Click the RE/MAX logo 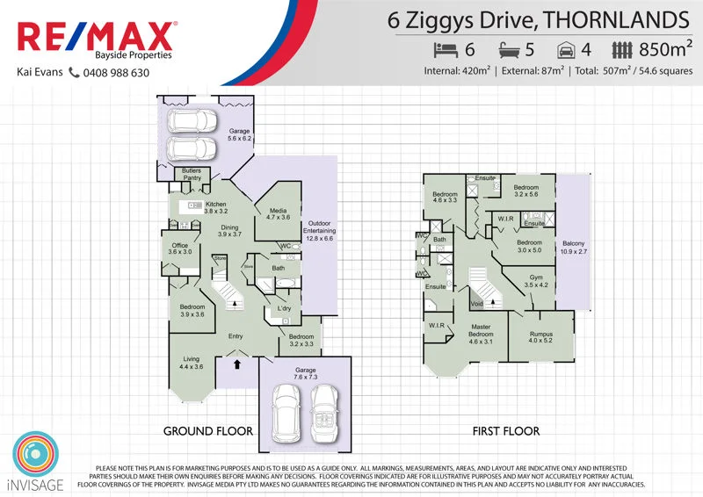pyautogui.click(x=97, y=38)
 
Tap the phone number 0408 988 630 pyautogui.click(x=118, y=73)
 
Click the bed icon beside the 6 pyautogui.click(x=447, y=50)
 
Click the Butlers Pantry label pyautogui.click(x=192, y=174)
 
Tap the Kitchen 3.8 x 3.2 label pyautogui.click(x=215, y=208)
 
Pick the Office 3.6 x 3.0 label pyautogui.click(x=179, y=248)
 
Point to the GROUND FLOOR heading pyautogui.click(x=208, y=431)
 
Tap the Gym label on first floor pyautogui.click(x=536, y=281)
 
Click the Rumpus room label pyautogui.click(x=541, y=337)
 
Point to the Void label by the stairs pyautogui.click(x=477, y=305)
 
